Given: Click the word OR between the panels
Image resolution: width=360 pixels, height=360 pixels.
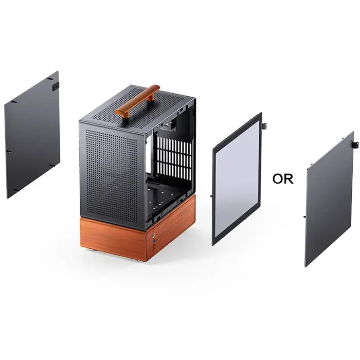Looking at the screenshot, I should [x=282, y=178].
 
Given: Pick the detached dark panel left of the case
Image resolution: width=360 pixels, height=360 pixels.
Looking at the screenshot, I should [x=32, y=135].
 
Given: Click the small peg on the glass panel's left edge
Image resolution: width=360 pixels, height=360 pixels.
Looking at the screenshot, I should [x=212, y=196].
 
